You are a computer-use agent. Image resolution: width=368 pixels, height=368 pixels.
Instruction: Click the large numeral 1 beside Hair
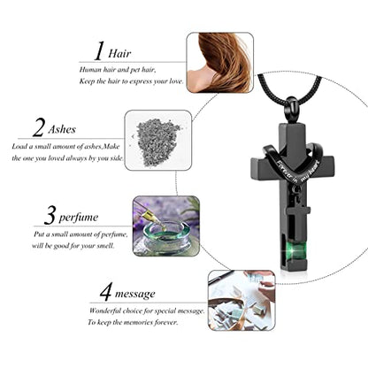(x=100, y=51)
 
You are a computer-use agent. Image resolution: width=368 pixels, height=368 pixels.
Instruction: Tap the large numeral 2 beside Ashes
(x=39, y=127)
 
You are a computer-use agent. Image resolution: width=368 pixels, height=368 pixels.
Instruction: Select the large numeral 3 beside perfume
(x=50, y=215)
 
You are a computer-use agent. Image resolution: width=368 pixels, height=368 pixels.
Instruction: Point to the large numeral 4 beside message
(x=105, y=292)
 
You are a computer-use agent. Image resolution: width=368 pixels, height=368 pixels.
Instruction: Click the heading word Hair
(x=119, y=53)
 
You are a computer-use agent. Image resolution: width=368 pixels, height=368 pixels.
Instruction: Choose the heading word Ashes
(x=62, y=129)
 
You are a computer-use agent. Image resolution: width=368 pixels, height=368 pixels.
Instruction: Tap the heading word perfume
(x=79, y=218)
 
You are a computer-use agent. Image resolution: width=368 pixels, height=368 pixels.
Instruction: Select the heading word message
(x=135, y=294)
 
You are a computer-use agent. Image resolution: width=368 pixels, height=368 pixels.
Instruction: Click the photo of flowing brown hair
(x=220, y=63)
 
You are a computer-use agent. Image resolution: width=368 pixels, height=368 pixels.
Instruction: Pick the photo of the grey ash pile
(x=158, y=140)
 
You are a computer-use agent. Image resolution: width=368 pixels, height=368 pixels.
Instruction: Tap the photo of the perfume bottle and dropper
(x=166, y=226)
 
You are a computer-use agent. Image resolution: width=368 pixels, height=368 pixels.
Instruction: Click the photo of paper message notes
(x=241, y=301)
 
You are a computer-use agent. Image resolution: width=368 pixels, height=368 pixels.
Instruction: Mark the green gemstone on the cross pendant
(x=294, y=251)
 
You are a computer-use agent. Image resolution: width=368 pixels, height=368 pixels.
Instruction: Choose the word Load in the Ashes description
(x=19, y=146)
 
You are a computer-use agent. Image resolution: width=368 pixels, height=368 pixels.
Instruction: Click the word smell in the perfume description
(x=103, y=246)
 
